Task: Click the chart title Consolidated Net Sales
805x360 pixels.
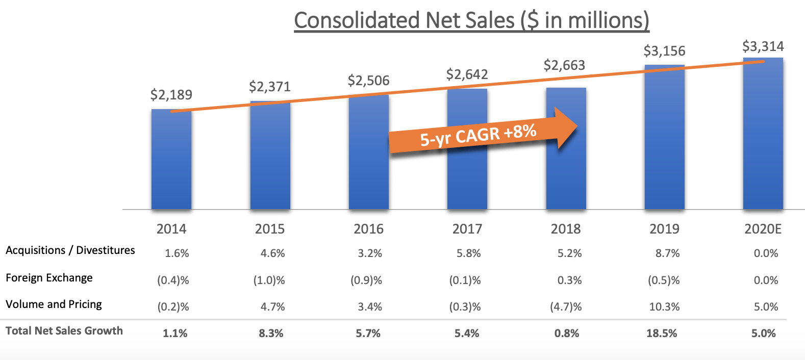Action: pos(471,21)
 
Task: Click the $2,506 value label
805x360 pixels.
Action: pos(368,81)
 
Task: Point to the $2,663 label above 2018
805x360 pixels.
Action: pos(564,65)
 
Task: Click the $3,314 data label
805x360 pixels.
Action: pos(763,46)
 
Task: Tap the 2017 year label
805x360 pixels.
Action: pos(467,229)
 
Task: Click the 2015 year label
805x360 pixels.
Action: pos(270,229)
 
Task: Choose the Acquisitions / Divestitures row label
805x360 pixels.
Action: pos(70,250)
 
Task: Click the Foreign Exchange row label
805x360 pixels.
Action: pos(49,278)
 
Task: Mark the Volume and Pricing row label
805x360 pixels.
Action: pos(54,304)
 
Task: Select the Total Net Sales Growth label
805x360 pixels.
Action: pos(64,331)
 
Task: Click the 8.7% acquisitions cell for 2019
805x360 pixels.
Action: pos(667,253)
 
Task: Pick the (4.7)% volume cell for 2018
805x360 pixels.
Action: pos(566,307)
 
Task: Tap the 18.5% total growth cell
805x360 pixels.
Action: pos(662,333)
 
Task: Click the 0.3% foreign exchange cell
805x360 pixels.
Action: pos(569,280)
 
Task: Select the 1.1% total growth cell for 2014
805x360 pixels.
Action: pos(175,333)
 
